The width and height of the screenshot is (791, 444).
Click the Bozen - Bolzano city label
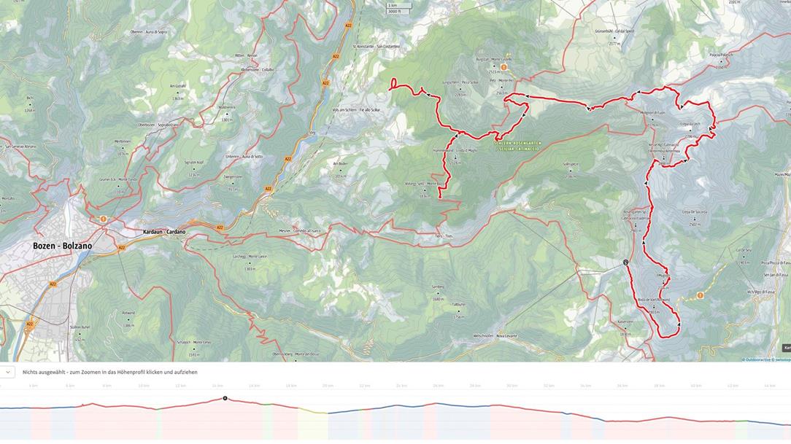62,246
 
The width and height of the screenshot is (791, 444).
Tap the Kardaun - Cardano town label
163,232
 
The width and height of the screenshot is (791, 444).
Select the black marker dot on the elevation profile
225,398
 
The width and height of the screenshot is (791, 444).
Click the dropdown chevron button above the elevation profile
7,372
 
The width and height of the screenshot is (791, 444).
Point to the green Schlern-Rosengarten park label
516,146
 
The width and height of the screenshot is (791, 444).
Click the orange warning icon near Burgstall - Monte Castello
503,67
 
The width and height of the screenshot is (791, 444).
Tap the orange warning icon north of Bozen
103,219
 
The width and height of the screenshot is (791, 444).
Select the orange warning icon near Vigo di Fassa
700,295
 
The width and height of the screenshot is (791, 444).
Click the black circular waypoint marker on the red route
625,262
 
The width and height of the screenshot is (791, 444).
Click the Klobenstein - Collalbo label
258,70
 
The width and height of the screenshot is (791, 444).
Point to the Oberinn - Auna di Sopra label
149,31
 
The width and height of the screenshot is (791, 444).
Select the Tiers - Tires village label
443,236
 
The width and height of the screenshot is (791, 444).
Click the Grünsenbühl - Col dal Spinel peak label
613,31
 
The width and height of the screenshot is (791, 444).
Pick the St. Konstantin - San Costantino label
376,47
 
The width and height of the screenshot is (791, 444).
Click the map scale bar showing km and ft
394,8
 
